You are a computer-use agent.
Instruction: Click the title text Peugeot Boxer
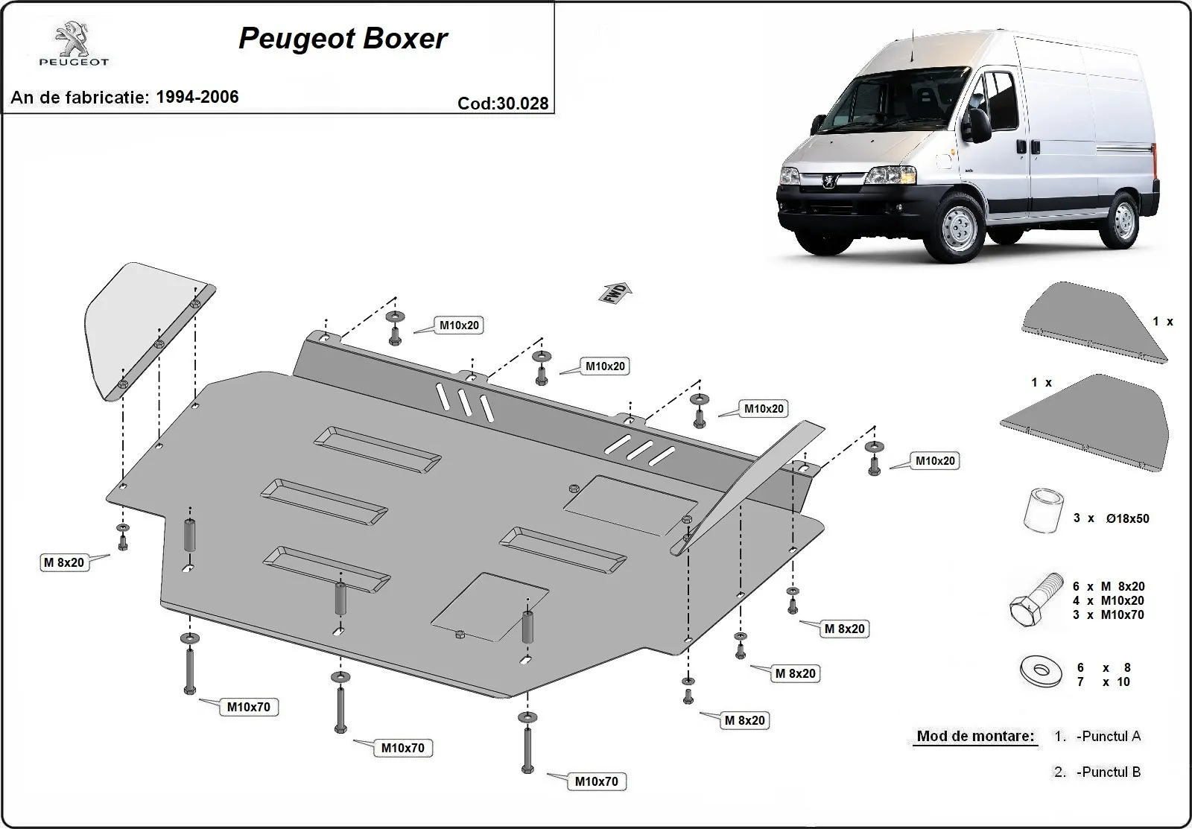coord(343,39)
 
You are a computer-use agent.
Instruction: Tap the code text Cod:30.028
coord(503,104)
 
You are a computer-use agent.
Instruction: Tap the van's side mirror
coord(978,125)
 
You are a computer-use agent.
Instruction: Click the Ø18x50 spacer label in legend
coord(1127,518)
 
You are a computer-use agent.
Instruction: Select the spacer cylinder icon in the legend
coord(1042,510)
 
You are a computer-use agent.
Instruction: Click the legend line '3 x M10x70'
coord(1109,614)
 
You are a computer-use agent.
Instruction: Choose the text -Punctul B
coord(1109,772)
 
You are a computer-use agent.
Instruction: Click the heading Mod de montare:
coord(975,736)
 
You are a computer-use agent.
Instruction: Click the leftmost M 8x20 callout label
coord(64,562)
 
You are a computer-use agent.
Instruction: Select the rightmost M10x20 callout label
coord(935,461)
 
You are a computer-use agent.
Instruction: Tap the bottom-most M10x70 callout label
coord(596,781)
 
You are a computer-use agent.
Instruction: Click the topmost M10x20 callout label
coord(459,325)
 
